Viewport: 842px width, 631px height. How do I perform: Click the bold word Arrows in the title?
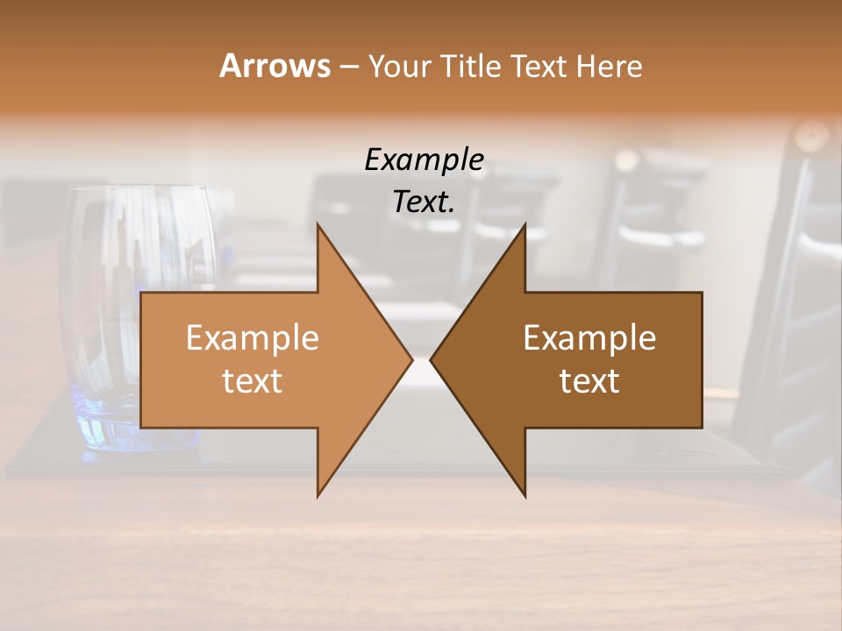pyautogui.click(x=275, y=66)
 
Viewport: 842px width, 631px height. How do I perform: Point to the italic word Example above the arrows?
pyautogui.click(x=424, y=160)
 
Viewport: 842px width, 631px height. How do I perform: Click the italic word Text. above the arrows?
pyautogui.click(x=424, y=202)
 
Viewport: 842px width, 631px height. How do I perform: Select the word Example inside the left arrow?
pyautogui.click(x=252, y=337)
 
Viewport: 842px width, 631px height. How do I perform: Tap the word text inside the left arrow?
pyautogui.click(x=252, y=381)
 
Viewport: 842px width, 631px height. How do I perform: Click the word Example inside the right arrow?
pyautogui.click(x=589, y=337)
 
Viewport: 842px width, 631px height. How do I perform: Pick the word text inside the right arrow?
pyautogui.click(x=589, y=381)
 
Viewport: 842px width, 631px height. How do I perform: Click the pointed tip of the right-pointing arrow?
pyautogui.click(x=411, y=359)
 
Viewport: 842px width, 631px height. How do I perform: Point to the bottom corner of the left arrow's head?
pyautogui.click(x=318, y=495)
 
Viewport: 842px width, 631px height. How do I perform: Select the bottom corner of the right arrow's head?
pyautogui.click(x=524, y=495)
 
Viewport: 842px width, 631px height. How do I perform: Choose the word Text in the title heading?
pyautogui.click(x=541, y=66)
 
